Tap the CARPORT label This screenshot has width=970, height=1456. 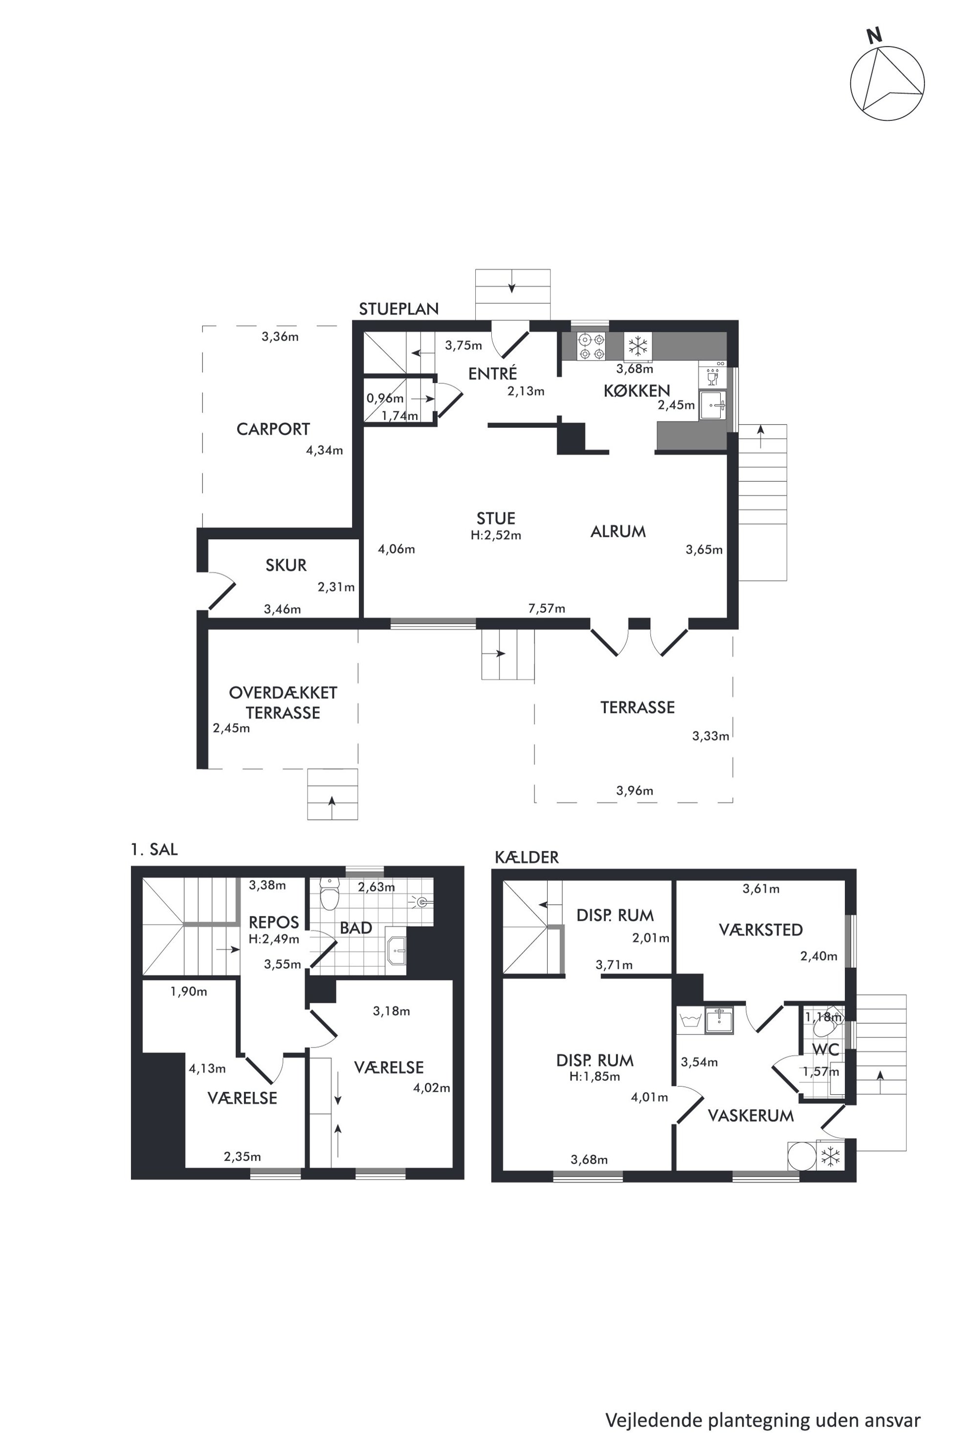pos(273,429)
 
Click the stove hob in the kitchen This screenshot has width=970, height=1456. pos(591,347)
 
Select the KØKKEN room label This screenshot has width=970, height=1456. pos(637,390)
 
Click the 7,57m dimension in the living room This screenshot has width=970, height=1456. pos(546,609)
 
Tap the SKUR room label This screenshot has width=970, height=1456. pos(286,565)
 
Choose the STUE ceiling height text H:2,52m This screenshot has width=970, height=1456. pos(496,535)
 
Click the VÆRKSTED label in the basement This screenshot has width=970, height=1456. pos(760,930)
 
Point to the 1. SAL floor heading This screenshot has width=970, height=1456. pos(154,849)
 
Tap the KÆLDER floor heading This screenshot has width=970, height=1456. pos(527,857)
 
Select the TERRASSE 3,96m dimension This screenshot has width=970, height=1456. pos(634,791)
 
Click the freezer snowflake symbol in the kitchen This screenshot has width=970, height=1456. pos(637,345)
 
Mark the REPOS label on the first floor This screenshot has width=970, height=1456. pos(273,922)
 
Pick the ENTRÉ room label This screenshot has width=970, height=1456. pos(492,373)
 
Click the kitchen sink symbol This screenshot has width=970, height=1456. pos(713,406)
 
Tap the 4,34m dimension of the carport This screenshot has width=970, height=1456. pos(324,451)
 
